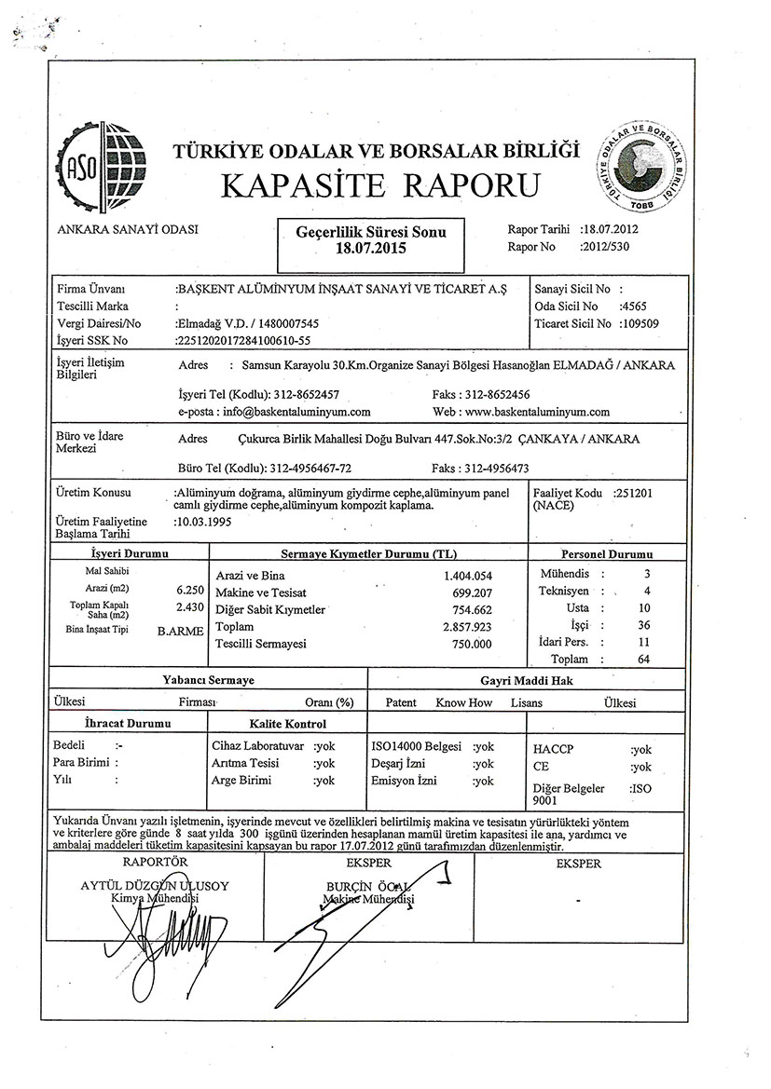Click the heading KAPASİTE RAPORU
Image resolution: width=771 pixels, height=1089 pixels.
pyautogui.click(x=380, y=185)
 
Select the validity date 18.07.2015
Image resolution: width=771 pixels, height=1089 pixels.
pyautogui.click(x=370, y=249)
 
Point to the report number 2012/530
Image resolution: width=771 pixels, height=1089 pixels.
pyautogui.click(x=604, y=247)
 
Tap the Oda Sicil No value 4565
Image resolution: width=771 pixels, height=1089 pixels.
pyautogui.click(x=634, y=306)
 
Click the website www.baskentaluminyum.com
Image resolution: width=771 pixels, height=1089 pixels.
pyautogui.click(x=536, y=411)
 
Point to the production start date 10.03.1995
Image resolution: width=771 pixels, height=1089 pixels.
pyautogui.click(x=204, y=523)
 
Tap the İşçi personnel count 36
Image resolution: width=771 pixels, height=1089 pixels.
pyautogui.click(x=644, y=625)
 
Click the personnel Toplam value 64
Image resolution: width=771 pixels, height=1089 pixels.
pyautogui.click(x=644, y=659)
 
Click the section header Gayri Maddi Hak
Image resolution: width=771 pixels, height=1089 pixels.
pyautogui.click(x=527, y=681)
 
